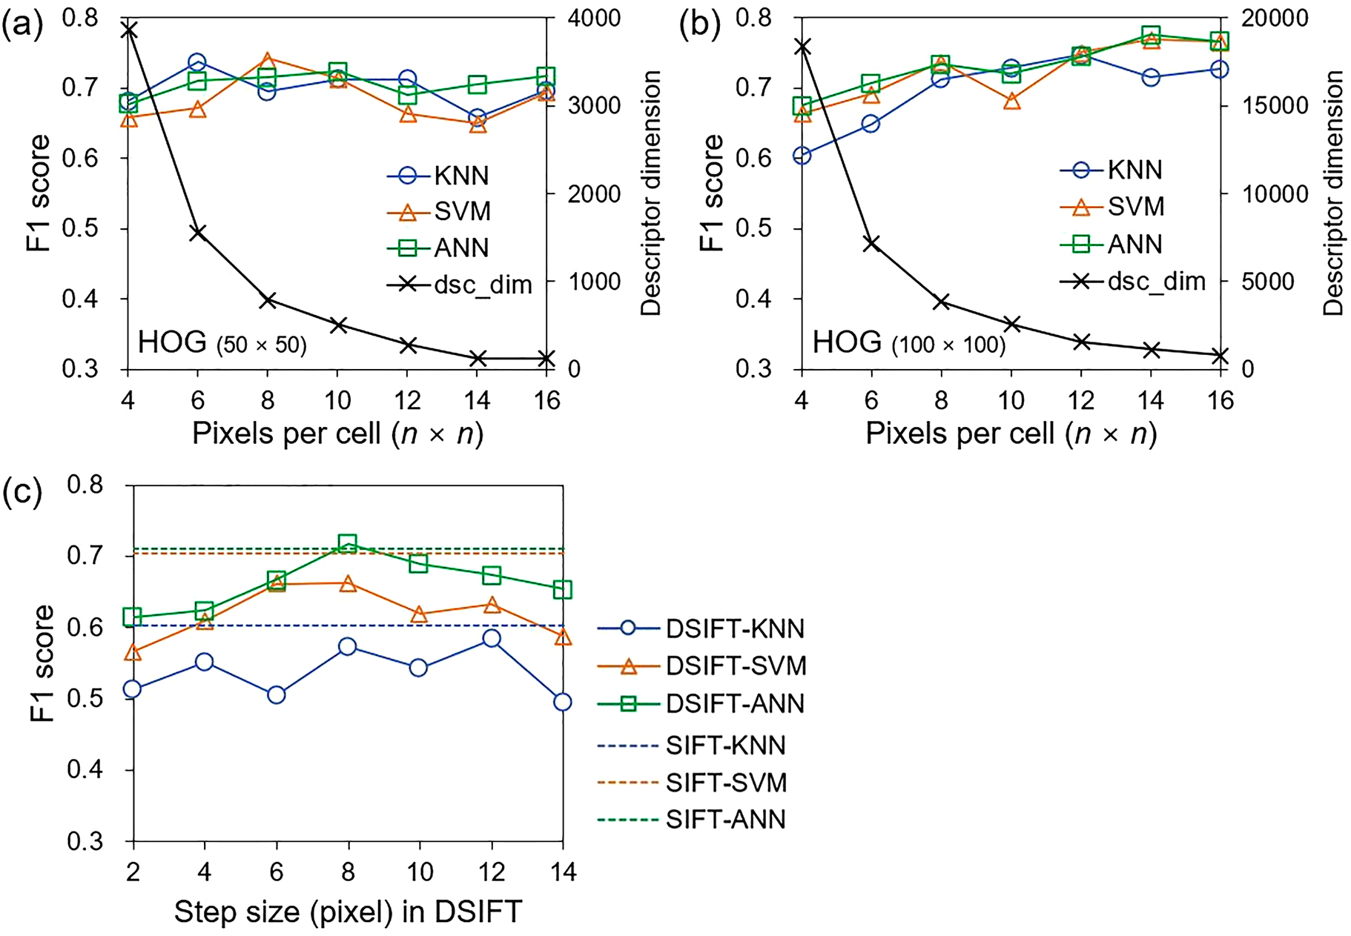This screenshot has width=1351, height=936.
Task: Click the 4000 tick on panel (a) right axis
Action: point(593,18)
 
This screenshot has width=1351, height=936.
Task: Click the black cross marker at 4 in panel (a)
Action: point(128,30)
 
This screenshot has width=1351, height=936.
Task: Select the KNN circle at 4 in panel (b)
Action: point(802,156)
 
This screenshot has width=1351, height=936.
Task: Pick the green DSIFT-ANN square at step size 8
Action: point(348,543)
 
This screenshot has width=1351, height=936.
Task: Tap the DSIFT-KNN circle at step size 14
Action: point(563,701)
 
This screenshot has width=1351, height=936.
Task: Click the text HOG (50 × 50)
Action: point(222,344)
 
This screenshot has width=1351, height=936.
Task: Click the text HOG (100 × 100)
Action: point(909,344)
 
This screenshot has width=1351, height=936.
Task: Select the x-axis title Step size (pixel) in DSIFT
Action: point(348,912)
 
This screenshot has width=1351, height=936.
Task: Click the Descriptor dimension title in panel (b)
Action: point(1333,193)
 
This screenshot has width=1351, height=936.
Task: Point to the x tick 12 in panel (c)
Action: point(491,872)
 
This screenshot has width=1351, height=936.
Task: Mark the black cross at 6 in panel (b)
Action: point(871,243)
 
